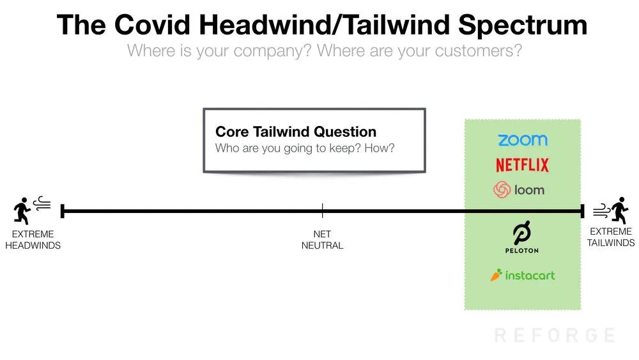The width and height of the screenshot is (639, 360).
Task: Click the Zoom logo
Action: pos(523,140)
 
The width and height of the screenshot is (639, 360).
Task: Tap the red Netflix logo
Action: pos(522,165)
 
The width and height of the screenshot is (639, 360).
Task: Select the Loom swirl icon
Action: pos(502,190)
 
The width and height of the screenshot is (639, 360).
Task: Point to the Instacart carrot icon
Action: pos(496,275)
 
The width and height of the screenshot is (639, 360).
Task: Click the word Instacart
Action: pos(530,276)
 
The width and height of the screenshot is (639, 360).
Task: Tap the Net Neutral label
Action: pos(322,240)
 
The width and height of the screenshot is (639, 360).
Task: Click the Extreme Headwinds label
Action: pos(33,240)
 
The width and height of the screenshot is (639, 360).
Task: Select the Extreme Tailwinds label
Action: pos(610,237)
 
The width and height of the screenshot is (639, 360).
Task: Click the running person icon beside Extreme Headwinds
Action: pos(22,211)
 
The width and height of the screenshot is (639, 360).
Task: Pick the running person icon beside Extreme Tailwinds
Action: pos(619,210)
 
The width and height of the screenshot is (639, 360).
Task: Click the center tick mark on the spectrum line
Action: pos(322,211)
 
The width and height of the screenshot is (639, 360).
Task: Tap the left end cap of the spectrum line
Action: pos(63,211)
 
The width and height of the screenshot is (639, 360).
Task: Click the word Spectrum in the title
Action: pos(523,26)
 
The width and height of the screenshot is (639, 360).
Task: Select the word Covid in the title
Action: pos(152,25)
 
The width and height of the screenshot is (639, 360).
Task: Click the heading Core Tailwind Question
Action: pos(296,132)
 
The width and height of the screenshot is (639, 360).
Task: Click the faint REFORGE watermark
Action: pos(555,335)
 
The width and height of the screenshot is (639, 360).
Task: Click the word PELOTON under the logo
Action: pos(522,250)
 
